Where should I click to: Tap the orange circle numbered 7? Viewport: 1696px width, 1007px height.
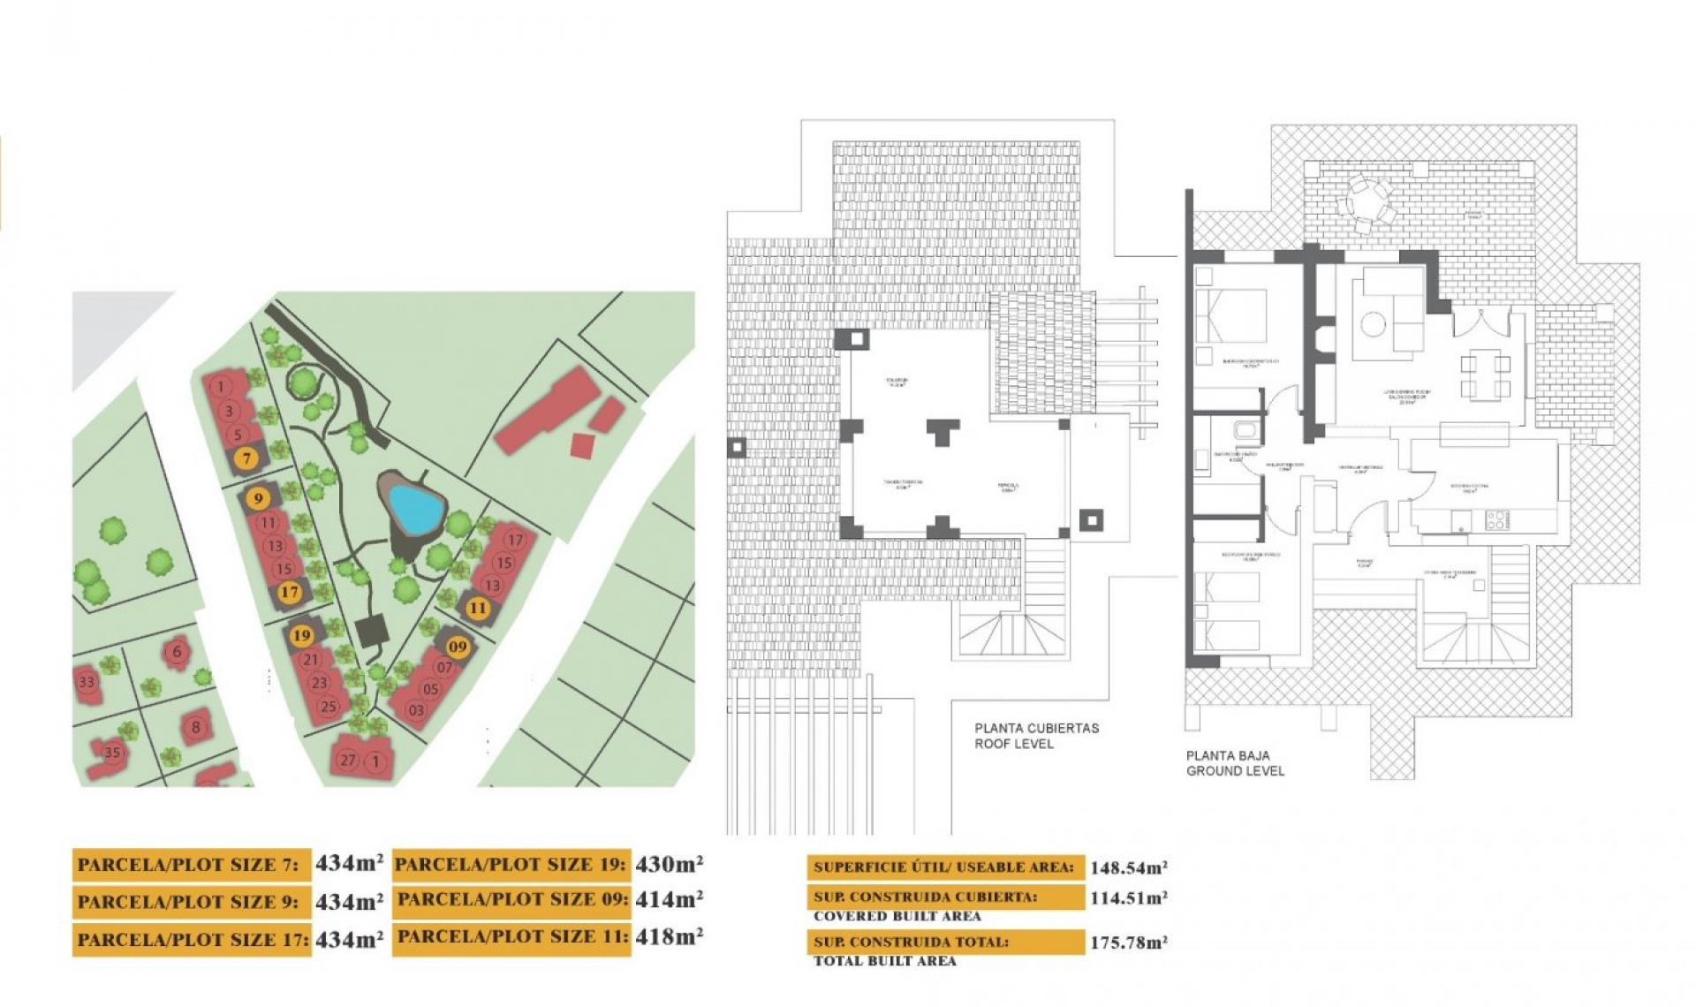[247, 458]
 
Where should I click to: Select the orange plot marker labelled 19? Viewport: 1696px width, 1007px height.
[302, 635]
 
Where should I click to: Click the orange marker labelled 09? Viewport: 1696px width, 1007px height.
[457, 647]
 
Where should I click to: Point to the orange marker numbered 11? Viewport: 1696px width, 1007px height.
[477, 608]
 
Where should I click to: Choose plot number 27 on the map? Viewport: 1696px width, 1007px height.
[348, 760]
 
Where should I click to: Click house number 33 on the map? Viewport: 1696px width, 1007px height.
[87, 682]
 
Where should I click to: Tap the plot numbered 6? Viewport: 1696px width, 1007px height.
[177, 652]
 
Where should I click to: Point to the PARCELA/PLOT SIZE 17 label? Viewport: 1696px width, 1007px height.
[192, 939]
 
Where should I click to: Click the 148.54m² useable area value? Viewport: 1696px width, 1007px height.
[1128, 867]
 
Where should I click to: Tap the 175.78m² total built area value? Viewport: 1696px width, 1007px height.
[1128, 942]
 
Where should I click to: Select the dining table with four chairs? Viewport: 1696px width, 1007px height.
[1484, 375]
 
